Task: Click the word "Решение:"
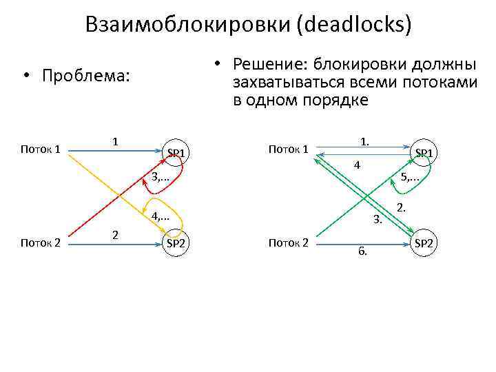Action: (271, 64)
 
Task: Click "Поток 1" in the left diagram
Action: (41, 149)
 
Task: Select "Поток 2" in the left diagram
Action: (41, 242)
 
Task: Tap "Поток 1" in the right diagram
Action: (288, 149)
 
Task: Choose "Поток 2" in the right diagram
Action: (288, 242)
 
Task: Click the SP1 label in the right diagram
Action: (424, 152)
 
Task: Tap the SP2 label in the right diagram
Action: (424, 242)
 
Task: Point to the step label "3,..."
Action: (161, 178)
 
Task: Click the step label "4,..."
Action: (161, 216)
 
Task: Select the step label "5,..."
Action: (410, 178)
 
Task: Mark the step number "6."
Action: (362, 251)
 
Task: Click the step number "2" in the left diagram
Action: (116, 235)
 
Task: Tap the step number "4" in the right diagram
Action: (356, 165)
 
